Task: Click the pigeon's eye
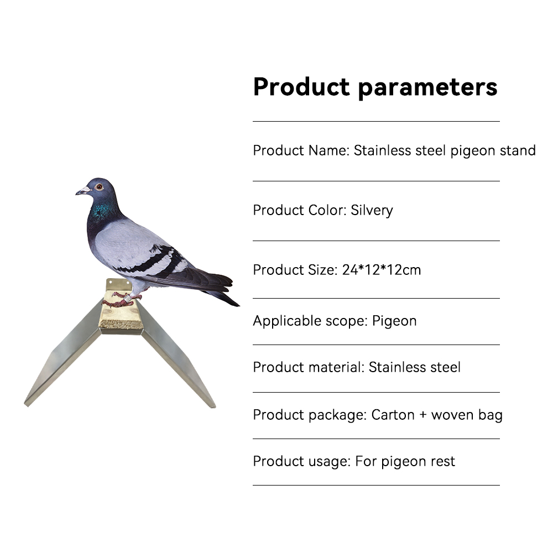(x=99, y=186)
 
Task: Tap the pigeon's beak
(x=82, y=191)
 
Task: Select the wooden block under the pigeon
(x=121, y=310)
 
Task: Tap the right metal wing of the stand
(x=179, y=367)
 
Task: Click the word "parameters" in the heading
(x=428, y=87)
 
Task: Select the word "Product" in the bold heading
(x=301, y=86)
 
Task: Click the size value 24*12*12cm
(x=381, y=270)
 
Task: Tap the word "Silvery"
(x=372, y=211)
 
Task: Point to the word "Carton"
(x=393, y=415)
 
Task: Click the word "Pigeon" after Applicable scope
(x=394, y=321)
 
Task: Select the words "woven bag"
(x=467, y=415)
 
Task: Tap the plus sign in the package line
(x=423, y=415)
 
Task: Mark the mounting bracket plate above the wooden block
(x=118, y=284)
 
